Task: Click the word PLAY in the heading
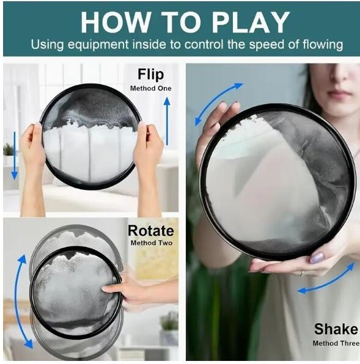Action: (251, 22)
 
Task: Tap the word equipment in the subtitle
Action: (98, 45)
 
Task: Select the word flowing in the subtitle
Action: (323, 45)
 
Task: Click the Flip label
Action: (151, 74)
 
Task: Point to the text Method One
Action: (151, 88)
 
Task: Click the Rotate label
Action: (151, 230)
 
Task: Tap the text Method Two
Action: (152, 243)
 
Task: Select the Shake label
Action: (336, 329)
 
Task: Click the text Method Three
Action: (336, 343)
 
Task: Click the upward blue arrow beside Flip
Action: (167, 121)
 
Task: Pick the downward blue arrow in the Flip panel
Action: (15, 156)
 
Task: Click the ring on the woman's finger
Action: (302, 273)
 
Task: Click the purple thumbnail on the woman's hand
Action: (317, 258)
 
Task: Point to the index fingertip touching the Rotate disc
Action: (105, 289)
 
